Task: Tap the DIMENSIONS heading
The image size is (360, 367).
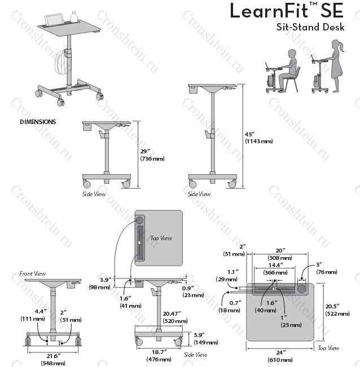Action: (38, 121)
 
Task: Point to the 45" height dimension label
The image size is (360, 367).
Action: (251, 134)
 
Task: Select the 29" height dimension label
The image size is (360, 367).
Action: (146, 151)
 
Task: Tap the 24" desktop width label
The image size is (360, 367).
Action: (280, 352)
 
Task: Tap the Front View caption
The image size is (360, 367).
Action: (32, 273)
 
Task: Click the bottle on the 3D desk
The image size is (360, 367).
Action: (73, 16)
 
